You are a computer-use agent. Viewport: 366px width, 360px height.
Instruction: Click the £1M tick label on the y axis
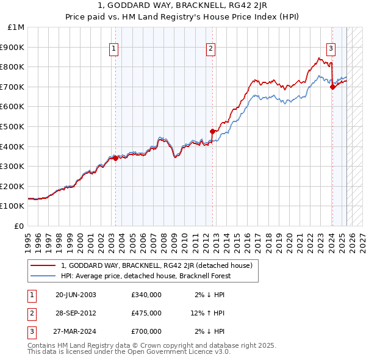coord(15,27)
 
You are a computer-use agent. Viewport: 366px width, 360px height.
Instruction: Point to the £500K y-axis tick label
coord(13,126)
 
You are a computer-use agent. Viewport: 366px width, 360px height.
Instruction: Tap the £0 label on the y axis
coord(20,226)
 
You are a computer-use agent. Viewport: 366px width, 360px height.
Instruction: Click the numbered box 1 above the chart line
coord(115,50)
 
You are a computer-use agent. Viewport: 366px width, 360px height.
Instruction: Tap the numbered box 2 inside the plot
coord(210,50)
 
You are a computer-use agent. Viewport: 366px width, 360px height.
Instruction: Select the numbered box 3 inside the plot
coord(331,50)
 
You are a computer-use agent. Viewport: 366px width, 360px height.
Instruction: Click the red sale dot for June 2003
coord(116,158)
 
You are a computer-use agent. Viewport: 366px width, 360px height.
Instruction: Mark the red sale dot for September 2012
coord(212,131)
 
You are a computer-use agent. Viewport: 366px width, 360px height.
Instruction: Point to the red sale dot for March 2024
coord(332,87)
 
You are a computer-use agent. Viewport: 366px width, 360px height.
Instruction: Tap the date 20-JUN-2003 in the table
coord(76,295)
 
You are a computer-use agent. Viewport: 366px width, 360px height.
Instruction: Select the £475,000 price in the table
coord(146,313)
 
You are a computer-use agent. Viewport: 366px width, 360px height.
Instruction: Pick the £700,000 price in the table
coord(146,331)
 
